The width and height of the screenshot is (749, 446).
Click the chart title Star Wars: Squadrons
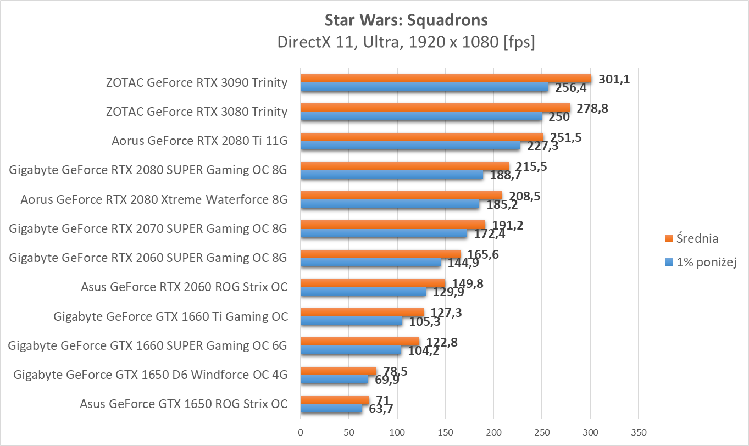tap(406, 20)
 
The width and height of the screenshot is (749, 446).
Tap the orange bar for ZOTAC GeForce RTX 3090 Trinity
tap(445, 79)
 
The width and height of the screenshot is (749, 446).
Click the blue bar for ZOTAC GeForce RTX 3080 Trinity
tap(421, 116)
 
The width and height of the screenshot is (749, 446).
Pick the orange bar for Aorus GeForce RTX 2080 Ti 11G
tap(421, 137)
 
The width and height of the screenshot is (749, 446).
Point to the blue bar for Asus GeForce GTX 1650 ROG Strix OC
tap(331, 409)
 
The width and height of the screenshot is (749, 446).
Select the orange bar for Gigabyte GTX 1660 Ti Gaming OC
tap(362, 313)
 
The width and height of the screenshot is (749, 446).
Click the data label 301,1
tap(614, 80)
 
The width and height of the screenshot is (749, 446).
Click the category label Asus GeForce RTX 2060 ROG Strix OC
tap(184, 287)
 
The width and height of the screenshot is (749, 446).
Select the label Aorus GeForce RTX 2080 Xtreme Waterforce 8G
tap(154, 199)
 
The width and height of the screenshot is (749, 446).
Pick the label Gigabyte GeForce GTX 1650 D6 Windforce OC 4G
tap(150, 375)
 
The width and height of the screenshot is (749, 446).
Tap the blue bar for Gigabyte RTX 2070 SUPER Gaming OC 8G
tap(384, 233)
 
